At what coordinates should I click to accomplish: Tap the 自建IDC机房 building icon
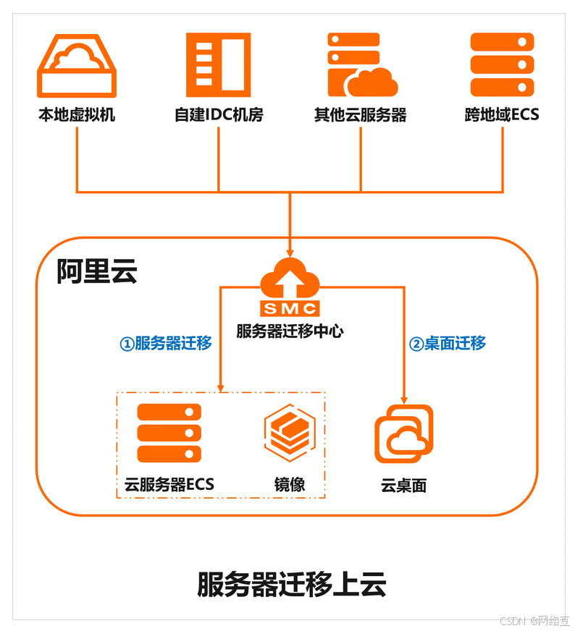pos(218,65)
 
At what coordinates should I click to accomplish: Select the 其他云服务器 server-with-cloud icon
pos(361,65)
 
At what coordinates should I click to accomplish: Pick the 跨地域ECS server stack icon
pos(502,65)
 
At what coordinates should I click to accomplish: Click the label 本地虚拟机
pos(77,114)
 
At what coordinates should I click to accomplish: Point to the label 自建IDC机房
pos(218,114)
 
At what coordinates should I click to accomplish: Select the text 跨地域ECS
pos(502,114)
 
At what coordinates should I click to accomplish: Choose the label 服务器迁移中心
pos(290,331)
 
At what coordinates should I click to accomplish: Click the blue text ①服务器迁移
pos(166,343)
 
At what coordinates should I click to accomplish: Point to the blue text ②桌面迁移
pos(448,343)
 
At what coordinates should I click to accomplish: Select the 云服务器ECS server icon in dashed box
pos(169,433)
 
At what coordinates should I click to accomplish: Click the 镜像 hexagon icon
pos(289,433)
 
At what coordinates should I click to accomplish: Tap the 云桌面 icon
pos(403,433)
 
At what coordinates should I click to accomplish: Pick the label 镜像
pos(289,484)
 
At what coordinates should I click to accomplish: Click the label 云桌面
pos(403,485)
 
